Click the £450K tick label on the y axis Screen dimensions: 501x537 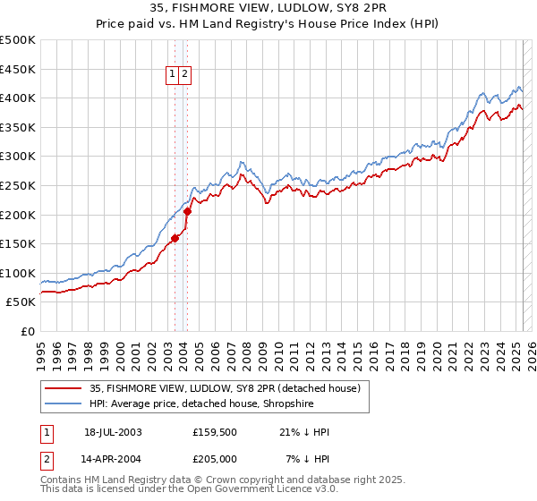(18, 69)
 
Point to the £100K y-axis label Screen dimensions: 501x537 (18, 273)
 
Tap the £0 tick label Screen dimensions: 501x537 (29, 331)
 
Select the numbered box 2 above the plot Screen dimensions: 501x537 (184, 75)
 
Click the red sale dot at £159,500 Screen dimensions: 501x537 (175, 238)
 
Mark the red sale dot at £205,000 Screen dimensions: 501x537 (188, 211)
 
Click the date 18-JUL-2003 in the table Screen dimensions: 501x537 (113, 432)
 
